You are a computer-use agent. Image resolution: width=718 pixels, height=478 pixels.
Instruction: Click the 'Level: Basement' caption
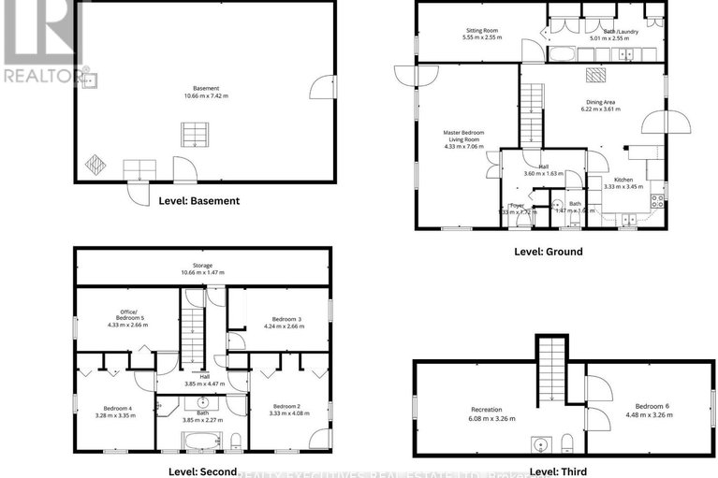(198, 200)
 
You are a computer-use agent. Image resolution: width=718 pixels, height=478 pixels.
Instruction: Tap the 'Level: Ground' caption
(548, 252)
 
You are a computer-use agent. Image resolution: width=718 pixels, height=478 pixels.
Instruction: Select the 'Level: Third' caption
(558, 471)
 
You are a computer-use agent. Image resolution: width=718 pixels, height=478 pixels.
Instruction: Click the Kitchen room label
(624, 180)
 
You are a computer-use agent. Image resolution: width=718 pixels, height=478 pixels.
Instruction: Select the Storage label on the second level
(202, 266)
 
